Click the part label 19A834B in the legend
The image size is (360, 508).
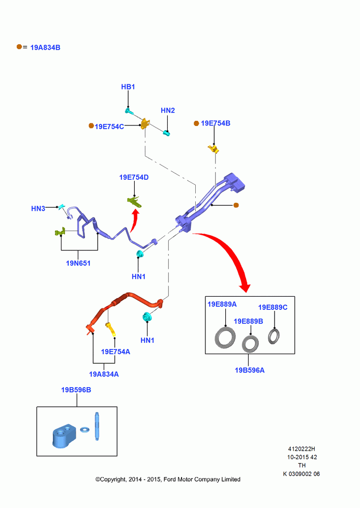pyautogui.click(x=45, y=48)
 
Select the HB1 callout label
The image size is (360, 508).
pyautogui.click(x=128, y=87)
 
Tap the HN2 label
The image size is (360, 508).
pyautogui.click(x=168, y=110)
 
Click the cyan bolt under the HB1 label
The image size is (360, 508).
pyautogui.click(x=129, y=111)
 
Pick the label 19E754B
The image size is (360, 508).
pyautogui.click(x=216, y=123)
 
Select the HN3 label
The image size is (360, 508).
pyautogui.click(x=38, y=209)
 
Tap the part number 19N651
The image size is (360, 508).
pyautogui.click(x=78, y=263)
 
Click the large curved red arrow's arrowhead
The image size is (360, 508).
pyautogui.click(x=245, y=287)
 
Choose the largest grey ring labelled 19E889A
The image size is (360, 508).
pyautogui.click(x=225, y=338)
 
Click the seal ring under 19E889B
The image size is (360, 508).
pyautogui.click(x=250, y=344)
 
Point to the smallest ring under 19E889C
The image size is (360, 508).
pyautogui.click(x=274, y=336)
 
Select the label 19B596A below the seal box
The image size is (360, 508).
pyautogui.click(x=250, y=370)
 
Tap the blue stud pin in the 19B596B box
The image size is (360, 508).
pyautogui.click(x=97, y=426)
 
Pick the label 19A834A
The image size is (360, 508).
pyautogui.click(x=104, y=374)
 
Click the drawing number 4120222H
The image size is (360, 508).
pyautogui.click(x=302, y=449)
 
